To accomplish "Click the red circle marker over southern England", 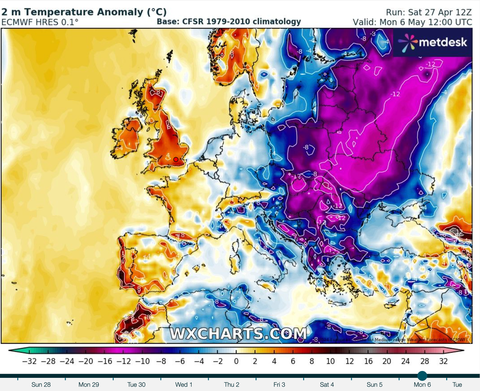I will pyautogui.click(x=176, y=159).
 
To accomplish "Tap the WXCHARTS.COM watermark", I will pyautogui.click(x=238, y=334).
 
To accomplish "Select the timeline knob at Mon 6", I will pyautogui.click(x=422, y=376).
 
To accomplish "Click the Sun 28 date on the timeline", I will pyautogui.click(x=41, y=385).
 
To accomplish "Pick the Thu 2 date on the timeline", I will pyautogui.click(x=232, y=385).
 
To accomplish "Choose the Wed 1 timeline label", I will pyautogui.click(x=184, y=385).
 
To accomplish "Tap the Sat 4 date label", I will pyautogui.click(x=327, y=385).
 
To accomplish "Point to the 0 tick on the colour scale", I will pyautogui.click(x=236, y=361).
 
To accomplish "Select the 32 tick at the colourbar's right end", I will pyautogui.click(x=443, y=361).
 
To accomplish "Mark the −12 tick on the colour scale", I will pyautogui.click(x=123, y=361).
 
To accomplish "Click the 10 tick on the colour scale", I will pyautogui.click(x=330, y=361).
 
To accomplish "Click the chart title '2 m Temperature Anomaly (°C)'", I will pyautogui.click(x=84, y=12).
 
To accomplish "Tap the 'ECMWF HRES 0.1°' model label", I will pyautogui.click(x=40, y=22).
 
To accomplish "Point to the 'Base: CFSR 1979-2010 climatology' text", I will pyautogui.click(x=229, y=22).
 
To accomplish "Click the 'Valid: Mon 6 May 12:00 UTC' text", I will pyautogui.click(x=415, y=23).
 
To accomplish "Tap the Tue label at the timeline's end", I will pyautogui.click(x=457, y=385).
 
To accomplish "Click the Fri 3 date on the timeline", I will pyautogui.click(x=279, y=385).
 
